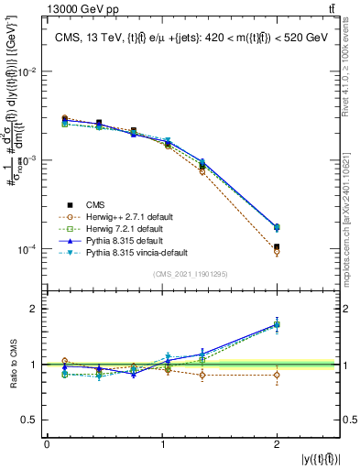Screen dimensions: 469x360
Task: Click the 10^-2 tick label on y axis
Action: point(29,71)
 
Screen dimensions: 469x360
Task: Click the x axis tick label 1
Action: point(162,444)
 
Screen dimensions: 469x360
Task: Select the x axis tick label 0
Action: point(47,444)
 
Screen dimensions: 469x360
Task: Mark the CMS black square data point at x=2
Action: point(277,246)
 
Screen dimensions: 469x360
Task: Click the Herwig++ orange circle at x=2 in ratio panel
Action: point(277,375)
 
